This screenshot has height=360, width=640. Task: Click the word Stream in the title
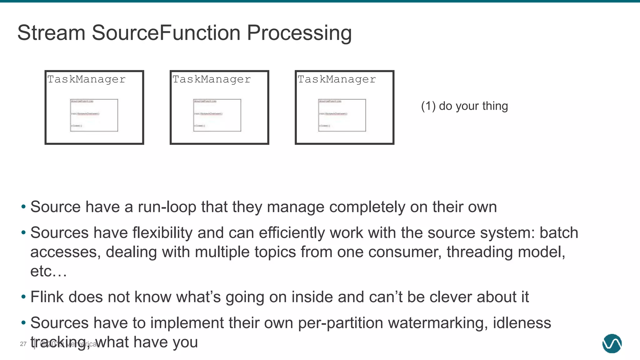tap(51, 33)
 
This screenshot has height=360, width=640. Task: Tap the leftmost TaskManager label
tap(86, 79)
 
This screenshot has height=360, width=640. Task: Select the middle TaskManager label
tap(212, 79)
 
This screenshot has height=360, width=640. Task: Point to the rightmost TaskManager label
tap(337, 79)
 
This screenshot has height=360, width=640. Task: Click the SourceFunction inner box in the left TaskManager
tap(94, 115)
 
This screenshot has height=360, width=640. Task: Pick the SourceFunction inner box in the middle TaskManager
tap(217, 115)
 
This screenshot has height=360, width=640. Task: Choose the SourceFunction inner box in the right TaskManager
tap(342, 115)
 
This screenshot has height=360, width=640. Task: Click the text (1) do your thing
tap(464, 106)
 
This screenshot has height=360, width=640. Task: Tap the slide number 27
tap(23, 344)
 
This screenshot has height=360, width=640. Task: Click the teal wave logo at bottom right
tap(612, 343)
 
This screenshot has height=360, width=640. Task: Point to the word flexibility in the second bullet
tap(162, 233)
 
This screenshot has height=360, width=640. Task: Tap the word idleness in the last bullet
tap(522, 323)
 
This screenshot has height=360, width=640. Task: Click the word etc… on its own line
tap(48, 271)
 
